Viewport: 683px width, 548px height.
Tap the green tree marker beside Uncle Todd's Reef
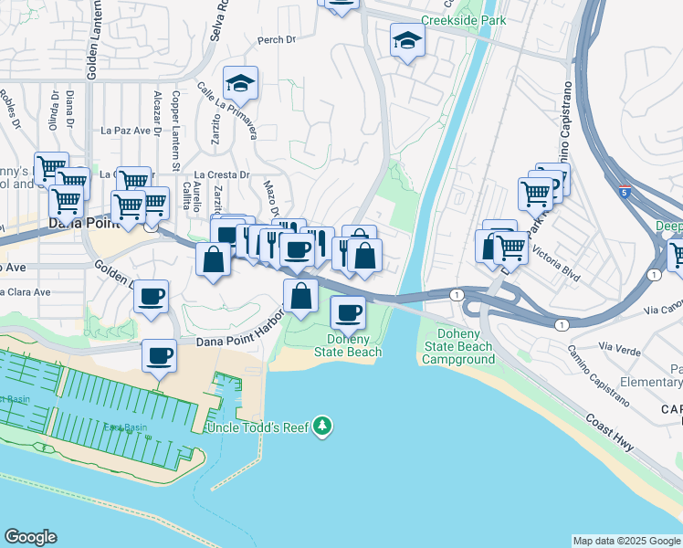[x=321, y=427]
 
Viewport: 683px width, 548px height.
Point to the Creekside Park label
[x=463, y=19]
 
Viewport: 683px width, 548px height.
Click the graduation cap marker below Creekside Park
[x=407, y=41]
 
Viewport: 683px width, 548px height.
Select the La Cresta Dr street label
[x=222, y=174]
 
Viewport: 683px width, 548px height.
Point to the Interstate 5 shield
[x=623, y=193]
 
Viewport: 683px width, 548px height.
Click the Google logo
[x=30, y=537]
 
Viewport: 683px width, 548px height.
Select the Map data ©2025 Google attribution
[x=625, y=541]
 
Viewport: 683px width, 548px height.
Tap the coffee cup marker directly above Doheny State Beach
[x=346, y=313]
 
